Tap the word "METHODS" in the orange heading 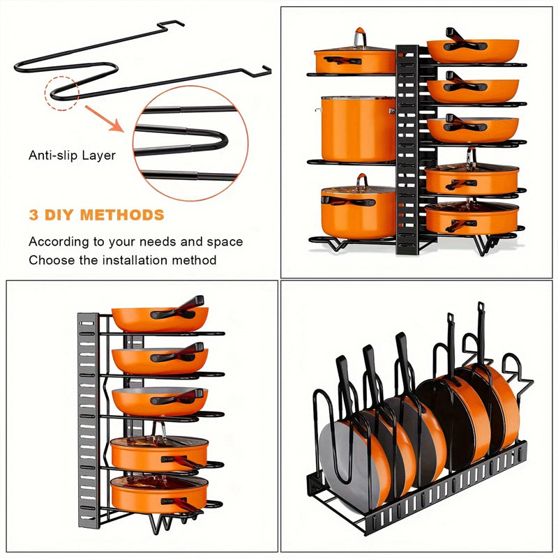pyautogui.click(x=122, y=215)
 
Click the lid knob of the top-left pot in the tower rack pyautogui.click(x=359, y=36)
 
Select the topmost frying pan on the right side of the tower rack pyautogui.click(x=472, y=50)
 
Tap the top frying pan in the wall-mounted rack pyautogui.click(x=160, y=318)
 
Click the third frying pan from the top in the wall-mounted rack pyautogui.click(x=159, y=401)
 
